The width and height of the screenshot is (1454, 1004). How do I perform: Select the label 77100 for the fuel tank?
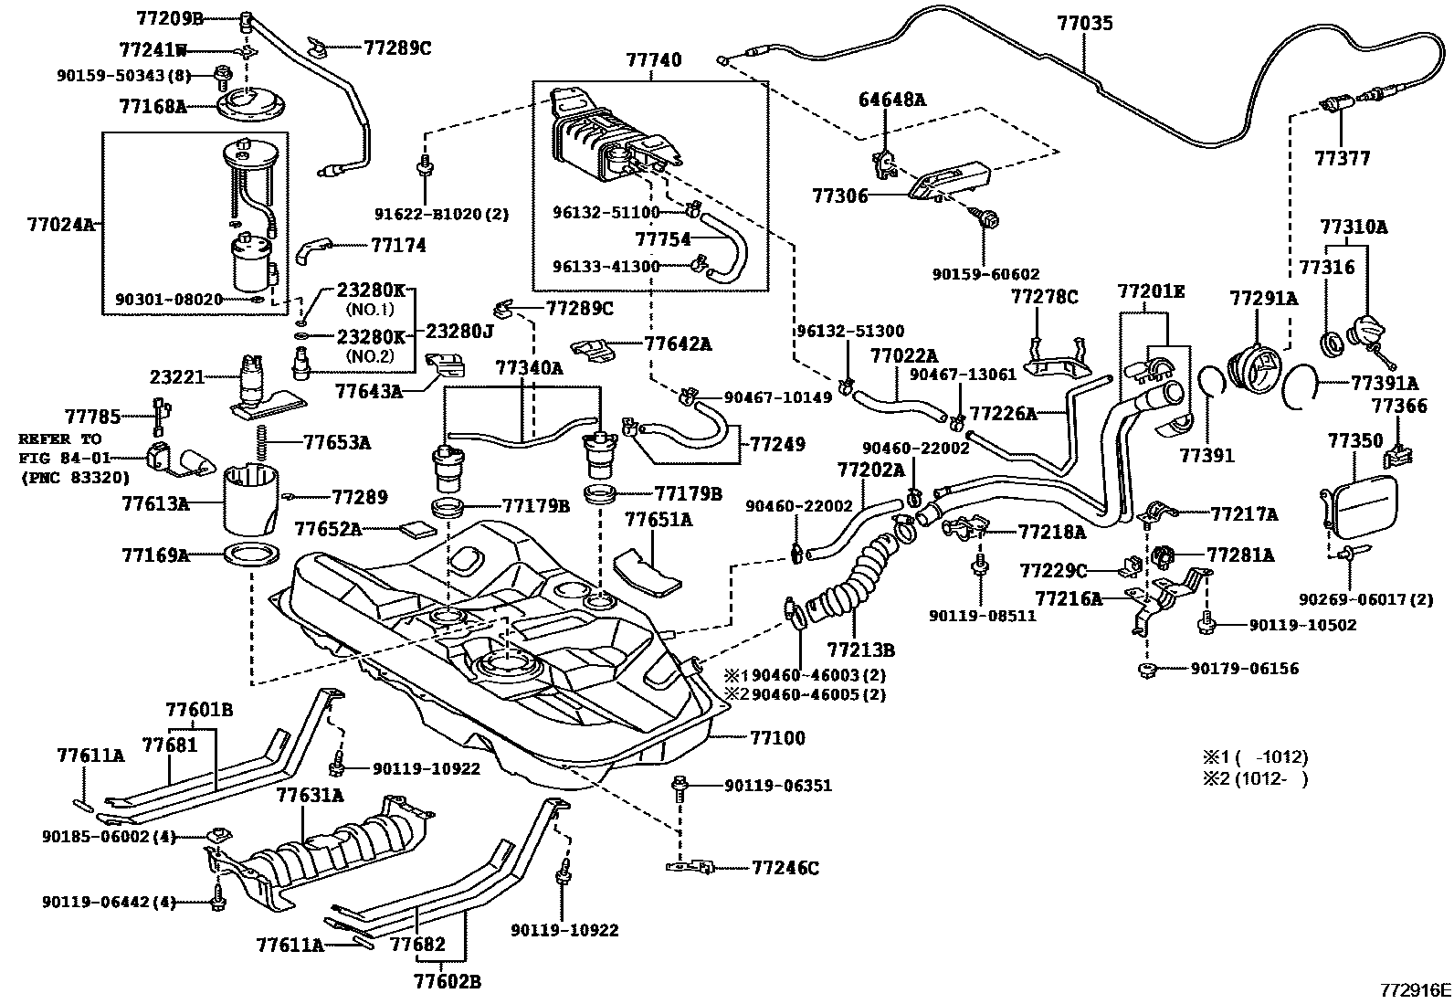[x=778, y=737]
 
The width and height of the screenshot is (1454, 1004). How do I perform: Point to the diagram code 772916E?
[x=1415, y=990]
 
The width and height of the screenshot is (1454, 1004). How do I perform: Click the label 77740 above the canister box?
[x=653, y=60]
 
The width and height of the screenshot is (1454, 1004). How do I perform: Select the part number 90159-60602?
[x=985, y=274]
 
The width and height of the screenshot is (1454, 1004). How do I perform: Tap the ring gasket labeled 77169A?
[x=250, y=555]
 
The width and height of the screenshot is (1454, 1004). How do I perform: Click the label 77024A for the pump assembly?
[x=59, y=223]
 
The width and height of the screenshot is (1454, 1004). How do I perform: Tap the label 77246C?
[x=785, y=868]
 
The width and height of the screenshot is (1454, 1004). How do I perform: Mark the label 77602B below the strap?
[x=447, y=982]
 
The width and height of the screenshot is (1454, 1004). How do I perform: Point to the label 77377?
[x=1342, y=159]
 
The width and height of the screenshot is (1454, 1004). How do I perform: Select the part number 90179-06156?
[x=1244, y=668]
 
